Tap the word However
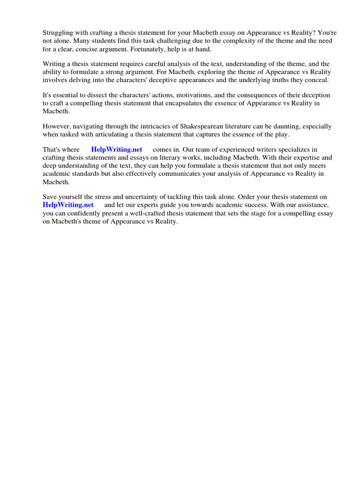(x=57, y=126)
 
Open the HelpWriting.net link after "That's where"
(x=117, y=150)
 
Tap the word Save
(x=50, y=196)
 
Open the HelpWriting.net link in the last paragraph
(x=68, y=204)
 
